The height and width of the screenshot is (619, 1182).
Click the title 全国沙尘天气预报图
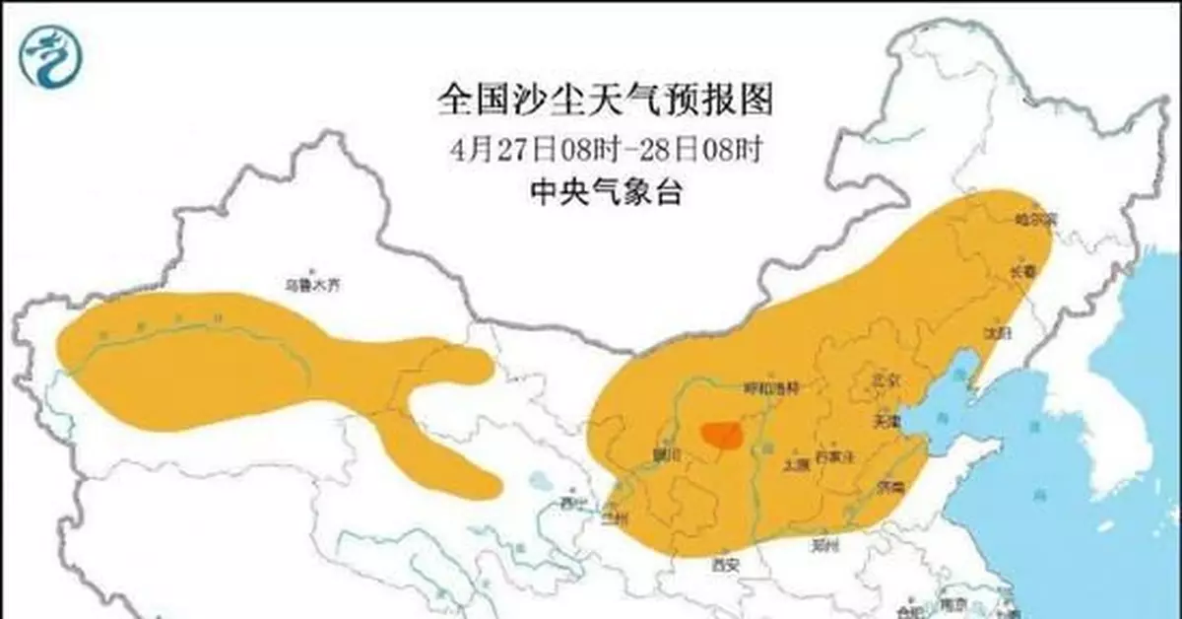(604, 101)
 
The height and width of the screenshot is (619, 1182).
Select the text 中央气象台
(604, 193)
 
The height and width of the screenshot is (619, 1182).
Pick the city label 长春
(1021, 272)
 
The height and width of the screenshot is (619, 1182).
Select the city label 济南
(893, 488)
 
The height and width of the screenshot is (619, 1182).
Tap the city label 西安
(725, 564)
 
